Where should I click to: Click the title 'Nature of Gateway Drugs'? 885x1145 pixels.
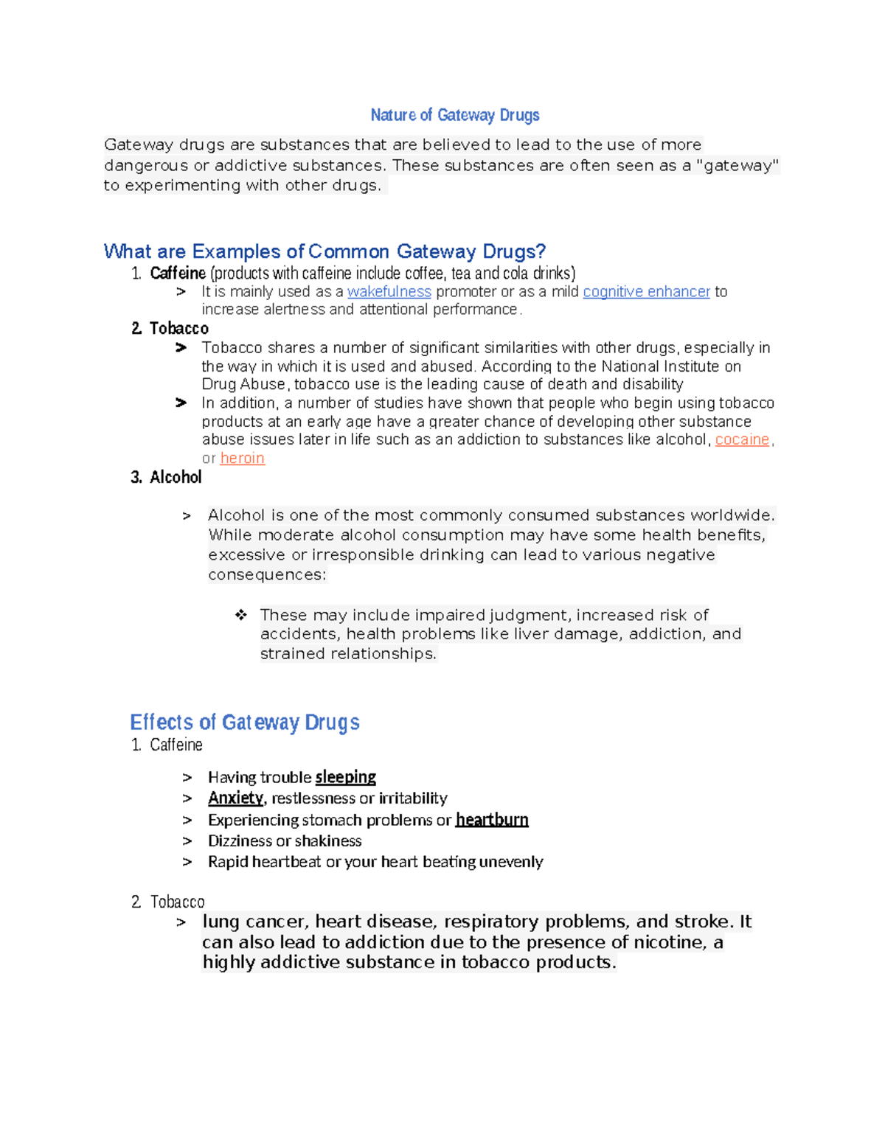coord(454,115)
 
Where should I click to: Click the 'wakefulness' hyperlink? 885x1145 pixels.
coord(389,292)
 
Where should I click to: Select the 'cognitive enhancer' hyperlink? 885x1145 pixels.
coord(646,292)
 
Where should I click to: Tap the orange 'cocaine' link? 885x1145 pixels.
coord(742,439)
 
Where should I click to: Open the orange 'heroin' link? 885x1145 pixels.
coord(242,458)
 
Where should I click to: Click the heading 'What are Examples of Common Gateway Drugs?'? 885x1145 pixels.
coord(324,251)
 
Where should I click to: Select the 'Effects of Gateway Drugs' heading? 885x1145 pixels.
coord(244,722)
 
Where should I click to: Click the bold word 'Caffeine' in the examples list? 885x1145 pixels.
coord(178,274)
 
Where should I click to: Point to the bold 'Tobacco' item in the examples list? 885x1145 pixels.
coord(179,328)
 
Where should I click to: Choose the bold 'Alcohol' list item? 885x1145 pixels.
coord(176,477)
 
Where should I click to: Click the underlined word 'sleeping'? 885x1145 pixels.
coord(345,777)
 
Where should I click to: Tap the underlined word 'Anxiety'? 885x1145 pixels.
coord(235,798)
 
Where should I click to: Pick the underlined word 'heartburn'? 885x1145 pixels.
coord(492,820)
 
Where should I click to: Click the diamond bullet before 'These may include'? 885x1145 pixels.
coord(240,615)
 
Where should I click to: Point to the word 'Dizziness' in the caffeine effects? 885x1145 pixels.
coord(240,841)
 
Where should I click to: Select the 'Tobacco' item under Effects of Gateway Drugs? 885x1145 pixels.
coord(178,902)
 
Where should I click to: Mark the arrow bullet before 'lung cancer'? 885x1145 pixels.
coord(181,922)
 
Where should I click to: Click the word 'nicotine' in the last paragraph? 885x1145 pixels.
coord(666,942)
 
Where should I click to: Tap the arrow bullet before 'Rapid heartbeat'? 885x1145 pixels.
coord(187,861)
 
